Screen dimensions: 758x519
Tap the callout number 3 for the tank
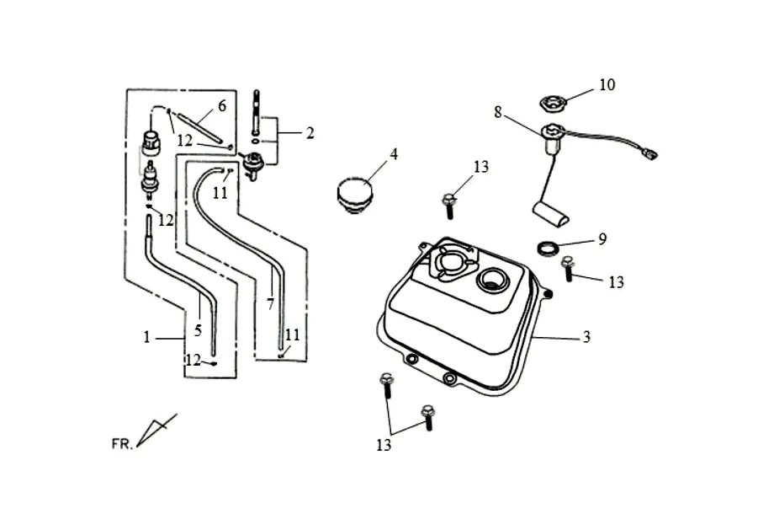tap(586, 336)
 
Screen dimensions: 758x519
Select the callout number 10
tap(607, 85)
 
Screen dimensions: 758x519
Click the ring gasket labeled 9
tap(549, 248)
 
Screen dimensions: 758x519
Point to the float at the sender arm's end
tap(551, 213)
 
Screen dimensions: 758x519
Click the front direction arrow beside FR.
tap(156, 430)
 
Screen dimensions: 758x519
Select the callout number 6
tap(222, 106)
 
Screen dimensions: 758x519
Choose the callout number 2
tap(310, 132)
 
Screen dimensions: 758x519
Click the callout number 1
tap(147, 337)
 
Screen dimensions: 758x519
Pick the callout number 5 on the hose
tap(198, 330)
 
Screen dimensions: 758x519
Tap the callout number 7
tap(270, 304)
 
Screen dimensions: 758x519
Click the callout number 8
tap(498, 112)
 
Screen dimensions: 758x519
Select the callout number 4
tap(394, 154)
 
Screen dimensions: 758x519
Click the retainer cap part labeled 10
tap(552, 104)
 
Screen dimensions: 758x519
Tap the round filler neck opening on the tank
tap(492, 280)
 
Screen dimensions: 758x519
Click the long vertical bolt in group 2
tap(256, 113)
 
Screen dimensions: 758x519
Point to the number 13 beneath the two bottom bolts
tap(384, 445)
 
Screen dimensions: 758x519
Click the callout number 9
tap(602, 238)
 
